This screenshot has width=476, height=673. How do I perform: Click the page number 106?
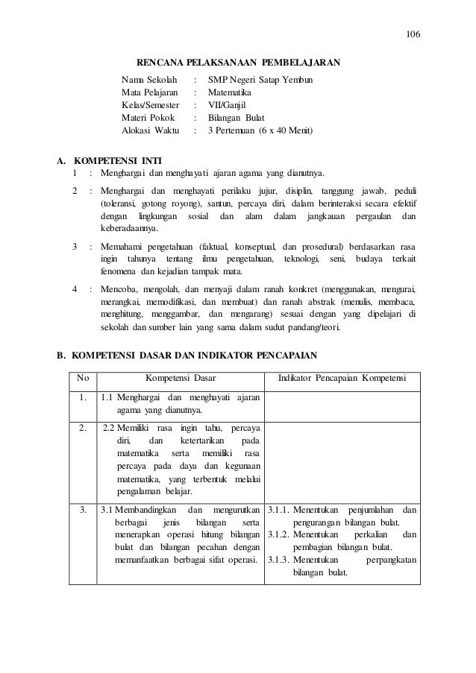point(413,35)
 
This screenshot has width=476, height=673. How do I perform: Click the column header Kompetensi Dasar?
point(180,378)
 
